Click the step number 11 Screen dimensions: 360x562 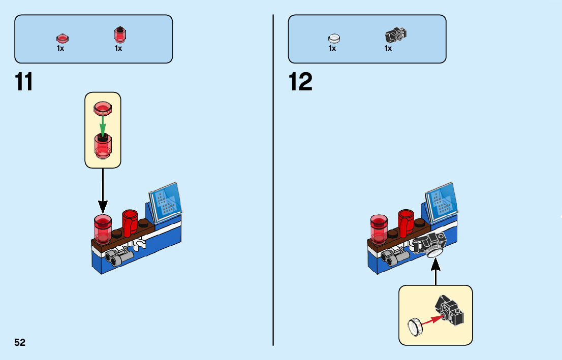[24, 82]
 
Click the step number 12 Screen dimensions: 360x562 [300, 82]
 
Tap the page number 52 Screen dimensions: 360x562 [20, 342]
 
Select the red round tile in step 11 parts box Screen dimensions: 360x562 [61, 38]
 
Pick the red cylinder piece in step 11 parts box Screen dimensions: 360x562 [120, 35]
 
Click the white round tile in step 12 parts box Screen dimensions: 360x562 [334, 38]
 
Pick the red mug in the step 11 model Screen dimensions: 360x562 [130, 222]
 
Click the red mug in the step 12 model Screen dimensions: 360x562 [406, 222]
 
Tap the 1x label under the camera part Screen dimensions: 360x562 [388, 49]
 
